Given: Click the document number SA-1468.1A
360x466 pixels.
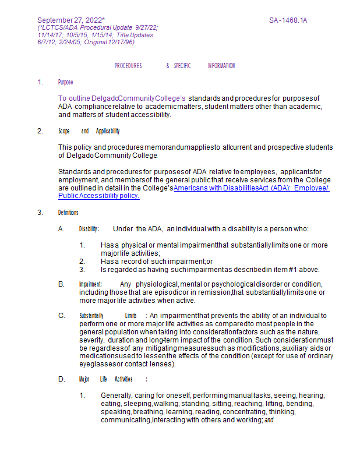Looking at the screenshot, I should [x=288, y=20].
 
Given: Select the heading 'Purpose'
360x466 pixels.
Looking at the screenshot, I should [x=65, y=82].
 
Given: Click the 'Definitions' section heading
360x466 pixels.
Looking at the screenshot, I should [x=68, y=213].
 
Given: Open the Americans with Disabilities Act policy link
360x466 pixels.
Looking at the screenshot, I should [x=251, y=188].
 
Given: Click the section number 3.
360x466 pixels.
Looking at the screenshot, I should [x=40, y=213].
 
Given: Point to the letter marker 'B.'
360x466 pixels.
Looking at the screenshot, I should [x=61, y=284].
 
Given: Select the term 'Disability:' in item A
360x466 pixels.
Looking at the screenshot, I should [x=89, y=229].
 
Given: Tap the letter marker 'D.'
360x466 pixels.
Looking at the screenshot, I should [x=61, y=379].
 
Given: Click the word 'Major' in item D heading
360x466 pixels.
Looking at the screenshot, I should [x=84, y=379].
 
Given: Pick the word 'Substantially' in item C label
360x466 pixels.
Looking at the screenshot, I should [x=91, y=316].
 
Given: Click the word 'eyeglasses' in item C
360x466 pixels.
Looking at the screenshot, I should [x=98, y=364].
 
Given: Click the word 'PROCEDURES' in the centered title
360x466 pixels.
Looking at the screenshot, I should [x=128, y=66].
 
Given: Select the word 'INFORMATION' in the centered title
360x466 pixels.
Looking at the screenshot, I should [x=221, y=66].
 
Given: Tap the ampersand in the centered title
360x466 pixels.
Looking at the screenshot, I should [x=168, y=66].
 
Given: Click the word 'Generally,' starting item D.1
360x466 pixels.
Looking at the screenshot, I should [x=116, y=396].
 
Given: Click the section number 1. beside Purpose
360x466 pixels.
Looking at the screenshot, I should [x=40, y=82].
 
